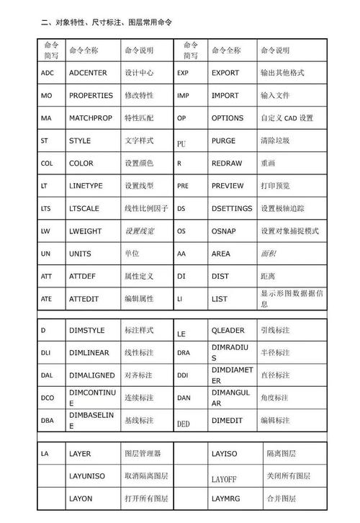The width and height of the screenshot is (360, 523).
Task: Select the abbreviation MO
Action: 46,96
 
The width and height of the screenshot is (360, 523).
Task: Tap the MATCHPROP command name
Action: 91,118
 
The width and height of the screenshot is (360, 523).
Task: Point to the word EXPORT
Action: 225,73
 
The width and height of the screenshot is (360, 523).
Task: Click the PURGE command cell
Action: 223,141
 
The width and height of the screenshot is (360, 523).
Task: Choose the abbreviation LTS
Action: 46,209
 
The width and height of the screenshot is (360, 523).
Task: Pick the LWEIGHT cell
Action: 86,231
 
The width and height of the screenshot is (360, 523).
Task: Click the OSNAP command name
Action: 224,231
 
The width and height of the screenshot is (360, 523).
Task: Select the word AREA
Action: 221,254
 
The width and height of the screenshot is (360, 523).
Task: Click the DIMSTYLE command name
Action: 87,331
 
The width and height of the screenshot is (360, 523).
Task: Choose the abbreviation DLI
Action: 45,353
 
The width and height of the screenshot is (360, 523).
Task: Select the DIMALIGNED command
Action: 90,375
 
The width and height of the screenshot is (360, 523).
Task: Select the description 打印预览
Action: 275,186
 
